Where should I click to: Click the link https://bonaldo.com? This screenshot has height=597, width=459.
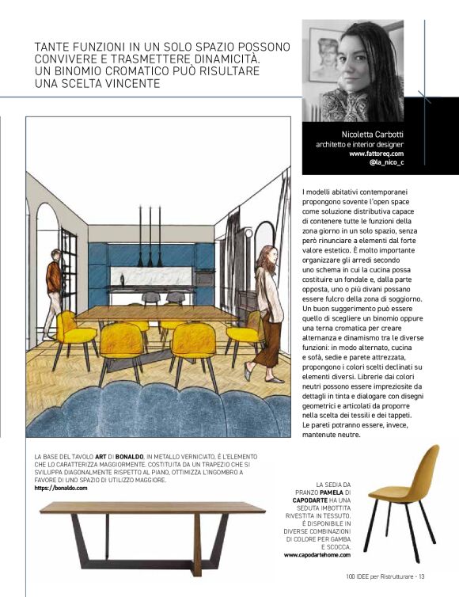point(61,489)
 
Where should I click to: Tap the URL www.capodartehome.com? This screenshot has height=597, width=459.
point(314,554)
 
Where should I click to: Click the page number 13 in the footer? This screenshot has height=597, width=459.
point(422,576)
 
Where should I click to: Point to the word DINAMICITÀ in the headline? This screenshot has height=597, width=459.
point(237,60)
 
